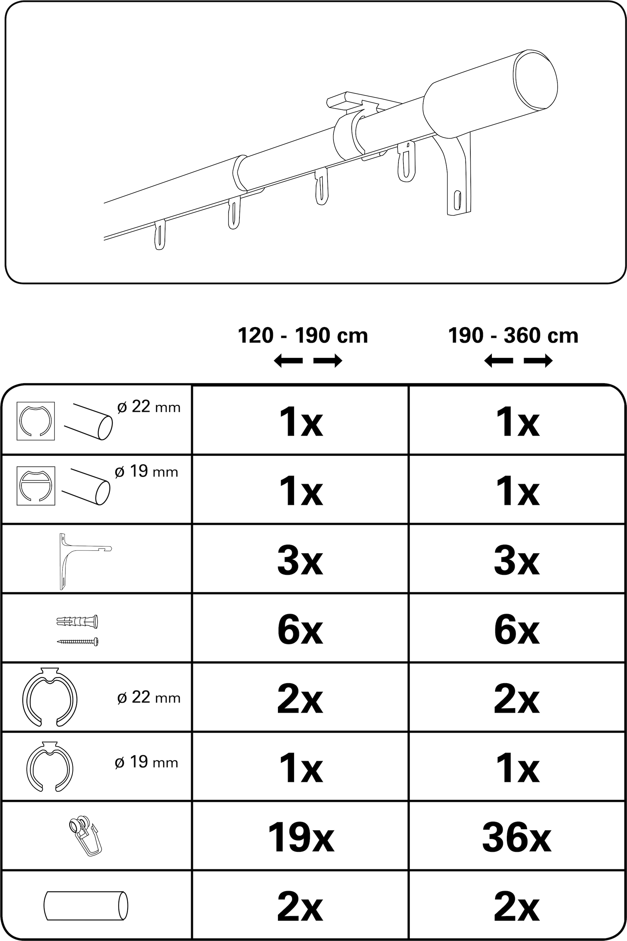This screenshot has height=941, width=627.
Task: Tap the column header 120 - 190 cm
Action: (x=303, y=336)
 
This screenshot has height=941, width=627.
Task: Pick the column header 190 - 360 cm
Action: (x=513, y=336)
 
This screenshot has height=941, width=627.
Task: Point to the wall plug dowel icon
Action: (x=78, y=622)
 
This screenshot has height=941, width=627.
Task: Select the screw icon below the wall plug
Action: (x=78, y=642)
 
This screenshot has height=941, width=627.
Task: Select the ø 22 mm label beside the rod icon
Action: (x=149, y=407)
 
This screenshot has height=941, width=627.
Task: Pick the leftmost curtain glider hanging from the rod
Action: (x=160, y=236)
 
